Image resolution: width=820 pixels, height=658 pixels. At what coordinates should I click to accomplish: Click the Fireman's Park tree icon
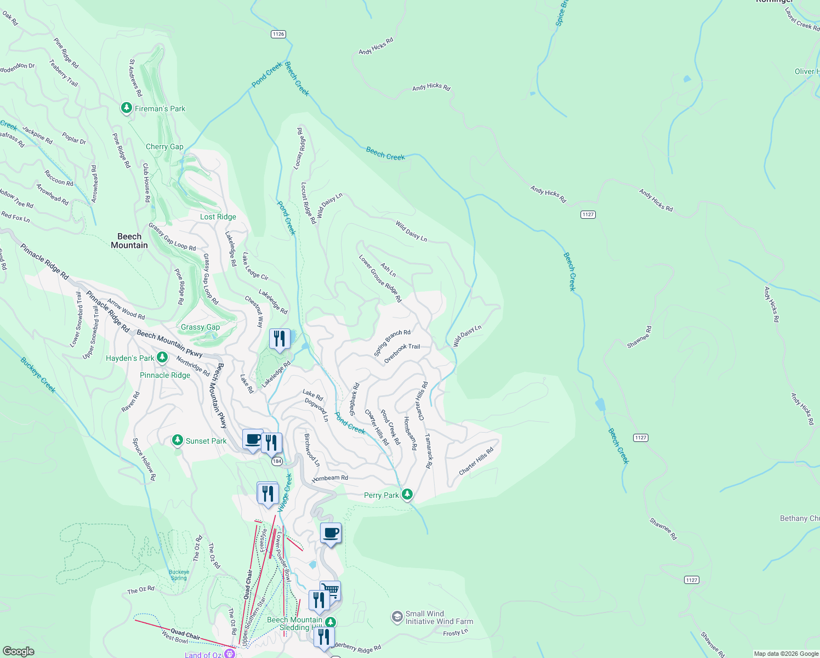click(x=127, y=108)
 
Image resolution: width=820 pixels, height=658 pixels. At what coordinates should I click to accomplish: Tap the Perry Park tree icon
click(x=407, y=495)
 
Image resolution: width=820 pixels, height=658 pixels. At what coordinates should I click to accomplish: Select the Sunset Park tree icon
click(x=177, y=440)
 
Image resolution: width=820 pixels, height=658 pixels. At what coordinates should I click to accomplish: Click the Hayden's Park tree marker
click(x=162, y=358)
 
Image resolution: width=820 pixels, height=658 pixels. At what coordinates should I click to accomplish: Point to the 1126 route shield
click(x=278, y=34)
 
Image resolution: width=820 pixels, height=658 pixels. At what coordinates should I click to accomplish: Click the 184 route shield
click(x=277, y=461)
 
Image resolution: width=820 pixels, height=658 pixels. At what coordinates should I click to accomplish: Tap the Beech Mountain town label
click(x=129, y=241)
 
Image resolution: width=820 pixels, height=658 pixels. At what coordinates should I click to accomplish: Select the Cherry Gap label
click(x=164, y=146)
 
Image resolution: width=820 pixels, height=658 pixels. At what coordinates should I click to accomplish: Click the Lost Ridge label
click(x=218, y=217)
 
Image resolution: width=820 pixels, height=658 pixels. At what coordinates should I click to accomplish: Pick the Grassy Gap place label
click(x=200, y=327)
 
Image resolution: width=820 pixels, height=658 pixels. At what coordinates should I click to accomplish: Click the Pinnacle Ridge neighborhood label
click(x=165, y=375)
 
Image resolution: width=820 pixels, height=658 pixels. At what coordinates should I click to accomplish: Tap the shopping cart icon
click(x=331, y=591)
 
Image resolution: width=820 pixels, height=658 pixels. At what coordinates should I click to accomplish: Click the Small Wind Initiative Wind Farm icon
click(x=397, y=617)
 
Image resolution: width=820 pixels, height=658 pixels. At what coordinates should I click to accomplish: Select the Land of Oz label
click(x=204, y=654)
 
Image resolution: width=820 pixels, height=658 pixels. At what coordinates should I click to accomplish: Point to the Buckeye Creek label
click(x=38, y=375)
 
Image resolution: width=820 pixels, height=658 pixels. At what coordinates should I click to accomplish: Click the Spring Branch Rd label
click(x=392, y=343)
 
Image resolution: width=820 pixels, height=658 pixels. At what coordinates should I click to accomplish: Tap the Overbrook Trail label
click(x=402, y=354)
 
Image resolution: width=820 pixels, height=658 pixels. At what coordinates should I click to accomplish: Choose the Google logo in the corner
click(x=18, y=651)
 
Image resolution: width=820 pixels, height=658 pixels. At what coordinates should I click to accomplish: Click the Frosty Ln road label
click(x=455, y=633)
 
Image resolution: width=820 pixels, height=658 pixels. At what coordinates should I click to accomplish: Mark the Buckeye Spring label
click(x=179, y=575)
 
